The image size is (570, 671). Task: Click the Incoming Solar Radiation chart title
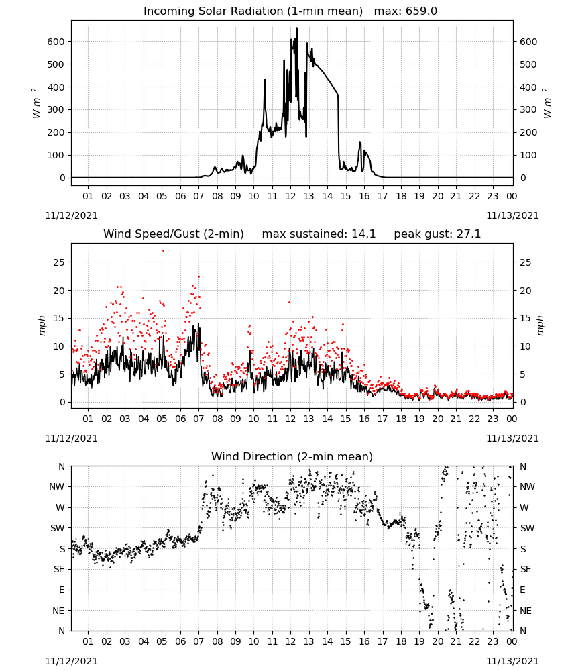[253, 11]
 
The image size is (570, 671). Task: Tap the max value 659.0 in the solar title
[421, 11]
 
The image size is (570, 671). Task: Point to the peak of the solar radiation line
[297, 28]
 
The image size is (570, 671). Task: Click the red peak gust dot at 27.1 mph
[163, 251]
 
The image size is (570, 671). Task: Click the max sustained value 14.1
[363, 234]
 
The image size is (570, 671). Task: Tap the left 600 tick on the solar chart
[56, 42]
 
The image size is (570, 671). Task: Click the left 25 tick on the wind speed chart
[59, 262]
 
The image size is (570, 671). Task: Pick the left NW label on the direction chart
[57, 487]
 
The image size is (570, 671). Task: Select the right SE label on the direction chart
[526, 570]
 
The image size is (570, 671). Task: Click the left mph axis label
[42, 325]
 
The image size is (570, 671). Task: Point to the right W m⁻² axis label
[547, 103]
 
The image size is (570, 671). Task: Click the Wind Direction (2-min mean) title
[292, 457]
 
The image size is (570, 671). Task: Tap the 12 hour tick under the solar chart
[290, 197]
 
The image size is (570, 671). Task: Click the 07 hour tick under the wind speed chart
[198, 419]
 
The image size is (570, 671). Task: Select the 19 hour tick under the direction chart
[420, 641]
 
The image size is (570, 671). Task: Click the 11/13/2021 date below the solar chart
[512, 215]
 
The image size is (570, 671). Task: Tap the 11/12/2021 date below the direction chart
[71, 661]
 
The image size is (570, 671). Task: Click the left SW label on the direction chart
[58, 529]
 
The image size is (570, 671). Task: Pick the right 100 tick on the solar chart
[528, 156]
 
